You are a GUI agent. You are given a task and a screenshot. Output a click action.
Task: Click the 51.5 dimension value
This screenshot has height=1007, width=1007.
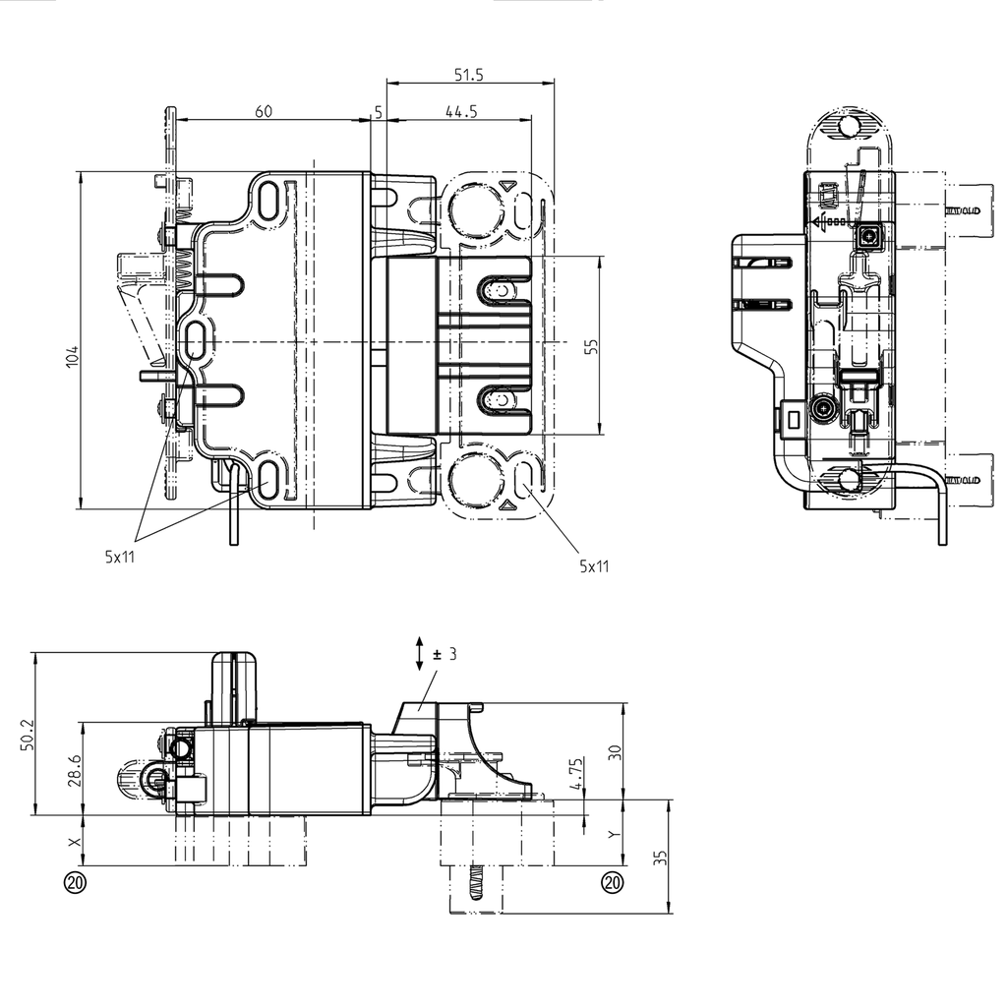[x=469, y=74]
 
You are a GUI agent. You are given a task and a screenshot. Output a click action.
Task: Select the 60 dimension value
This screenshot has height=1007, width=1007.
[x=264, y=111]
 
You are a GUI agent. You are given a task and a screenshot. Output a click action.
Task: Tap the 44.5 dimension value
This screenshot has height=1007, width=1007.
[x=460, y=111]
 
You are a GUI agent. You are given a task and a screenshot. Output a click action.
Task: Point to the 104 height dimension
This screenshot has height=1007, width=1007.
[x=72, y=356]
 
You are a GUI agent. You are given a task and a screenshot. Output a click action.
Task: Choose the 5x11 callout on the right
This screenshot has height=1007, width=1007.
[x=594, y=565]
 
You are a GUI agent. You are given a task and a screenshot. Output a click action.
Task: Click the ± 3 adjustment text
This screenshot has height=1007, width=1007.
[x=445, y=653]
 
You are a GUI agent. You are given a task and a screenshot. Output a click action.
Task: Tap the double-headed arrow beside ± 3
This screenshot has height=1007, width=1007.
[x=420, y=654]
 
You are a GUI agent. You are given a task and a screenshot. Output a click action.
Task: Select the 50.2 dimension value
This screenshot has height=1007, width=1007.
[x=27, y=735]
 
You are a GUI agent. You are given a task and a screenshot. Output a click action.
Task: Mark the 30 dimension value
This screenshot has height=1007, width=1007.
[x=616, y=752]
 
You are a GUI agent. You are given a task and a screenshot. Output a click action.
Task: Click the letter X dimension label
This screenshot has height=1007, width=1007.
[x=72, y=843]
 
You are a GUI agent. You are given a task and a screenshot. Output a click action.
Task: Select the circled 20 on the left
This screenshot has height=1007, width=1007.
[x=75, y=882]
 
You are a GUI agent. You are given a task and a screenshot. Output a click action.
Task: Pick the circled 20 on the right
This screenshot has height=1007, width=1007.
[x=613, y=882]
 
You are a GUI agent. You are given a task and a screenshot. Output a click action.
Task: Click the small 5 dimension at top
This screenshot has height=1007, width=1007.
[x=379, y=112]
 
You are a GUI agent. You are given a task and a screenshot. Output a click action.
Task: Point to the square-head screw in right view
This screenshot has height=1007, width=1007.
[x=868, y=236]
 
